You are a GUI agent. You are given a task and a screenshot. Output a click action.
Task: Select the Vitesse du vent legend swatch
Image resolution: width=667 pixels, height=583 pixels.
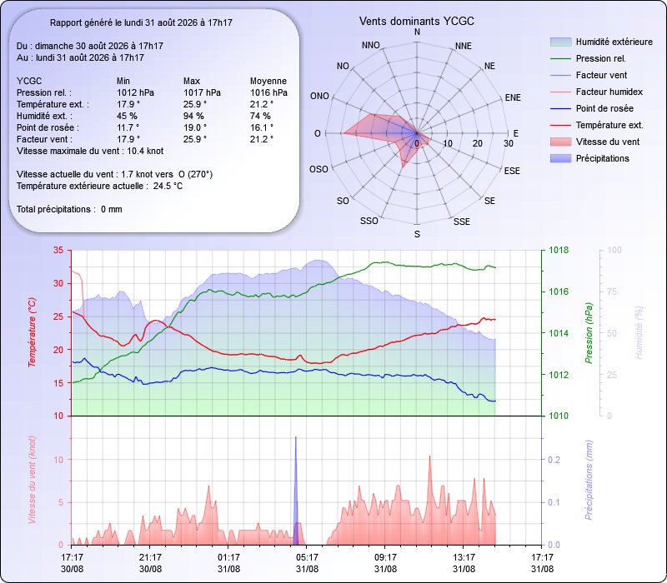(560, 142)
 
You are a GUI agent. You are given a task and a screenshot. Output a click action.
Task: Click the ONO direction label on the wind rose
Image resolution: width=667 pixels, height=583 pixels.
(319, 96)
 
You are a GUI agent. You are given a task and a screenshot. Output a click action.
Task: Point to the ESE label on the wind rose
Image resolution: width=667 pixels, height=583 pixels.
(512, 171)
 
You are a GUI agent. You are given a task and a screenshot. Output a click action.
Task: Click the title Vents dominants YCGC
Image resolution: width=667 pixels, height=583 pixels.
(416, 22)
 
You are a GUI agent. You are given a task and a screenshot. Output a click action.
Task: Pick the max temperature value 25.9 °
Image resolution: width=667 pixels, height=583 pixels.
(195, 104)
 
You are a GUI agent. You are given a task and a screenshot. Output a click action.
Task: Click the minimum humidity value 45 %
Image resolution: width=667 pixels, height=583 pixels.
(127, 116)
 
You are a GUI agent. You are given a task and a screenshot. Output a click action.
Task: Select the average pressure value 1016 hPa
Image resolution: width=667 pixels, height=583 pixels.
(268, 92)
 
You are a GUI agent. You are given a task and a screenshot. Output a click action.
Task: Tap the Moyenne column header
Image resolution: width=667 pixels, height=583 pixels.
(268, 81)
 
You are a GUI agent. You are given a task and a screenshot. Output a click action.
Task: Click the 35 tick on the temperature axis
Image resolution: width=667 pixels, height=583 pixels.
(58, 251)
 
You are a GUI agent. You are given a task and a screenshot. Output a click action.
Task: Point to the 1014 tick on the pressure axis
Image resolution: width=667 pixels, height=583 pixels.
(559, 333)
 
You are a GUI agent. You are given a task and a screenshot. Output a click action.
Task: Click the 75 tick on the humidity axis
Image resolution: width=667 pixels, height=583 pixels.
(611, 291)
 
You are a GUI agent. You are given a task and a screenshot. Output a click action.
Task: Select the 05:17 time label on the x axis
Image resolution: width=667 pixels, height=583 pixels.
(307, 557)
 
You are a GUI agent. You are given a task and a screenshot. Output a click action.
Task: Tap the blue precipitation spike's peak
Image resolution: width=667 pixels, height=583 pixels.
(296, 436)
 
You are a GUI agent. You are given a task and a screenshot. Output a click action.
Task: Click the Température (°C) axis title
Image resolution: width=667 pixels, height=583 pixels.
(32, 331)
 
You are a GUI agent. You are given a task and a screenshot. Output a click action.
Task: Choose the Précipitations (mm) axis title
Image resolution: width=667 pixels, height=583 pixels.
(589, 481)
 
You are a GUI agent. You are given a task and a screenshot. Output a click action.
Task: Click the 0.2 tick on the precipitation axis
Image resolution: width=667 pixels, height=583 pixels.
(554, 460)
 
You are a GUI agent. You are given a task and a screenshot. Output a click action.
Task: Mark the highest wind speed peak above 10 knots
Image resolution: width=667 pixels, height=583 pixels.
(429, 456)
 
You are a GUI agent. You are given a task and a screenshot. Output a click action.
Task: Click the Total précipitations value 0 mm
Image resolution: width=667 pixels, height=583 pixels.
(112, 210)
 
